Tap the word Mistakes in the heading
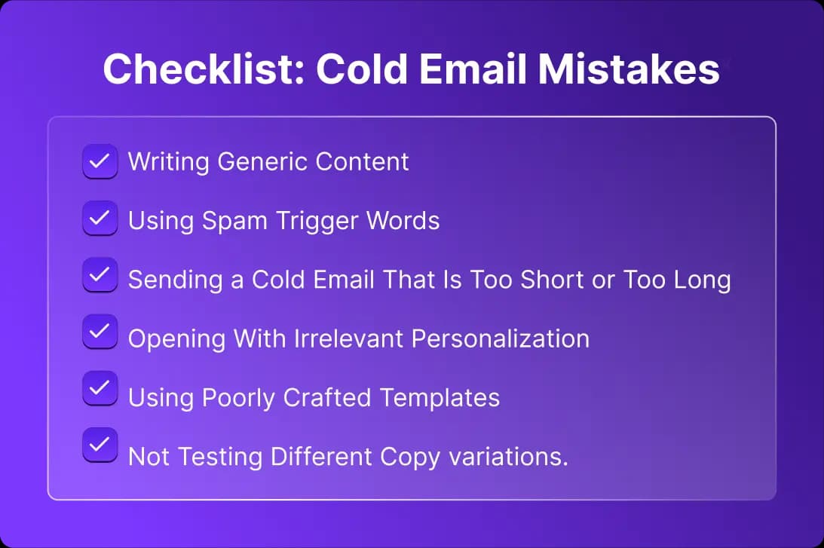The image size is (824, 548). point(629,69)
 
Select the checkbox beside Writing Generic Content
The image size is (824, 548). point(100,161)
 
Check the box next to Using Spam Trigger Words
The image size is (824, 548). point(100,218)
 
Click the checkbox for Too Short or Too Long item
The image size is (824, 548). point(100,275)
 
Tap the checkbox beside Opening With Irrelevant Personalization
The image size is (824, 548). point(100,332)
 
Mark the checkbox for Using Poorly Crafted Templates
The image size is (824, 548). point(100,388)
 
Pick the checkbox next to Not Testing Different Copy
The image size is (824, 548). point(100,445)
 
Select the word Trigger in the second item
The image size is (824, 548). point(317,221)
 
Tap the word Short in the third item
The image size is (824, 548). point(552,280)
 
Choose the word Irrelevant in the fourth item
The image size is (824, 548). point(348,338)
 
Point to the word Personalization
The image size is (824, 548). point(501,338)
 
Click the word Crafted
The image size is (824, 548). point(327,398)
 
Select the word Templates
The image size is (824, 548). point(440,398)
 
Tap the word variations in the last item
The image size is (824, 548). point(508,457)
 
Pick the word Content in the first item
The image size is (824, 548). point(362,162)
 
